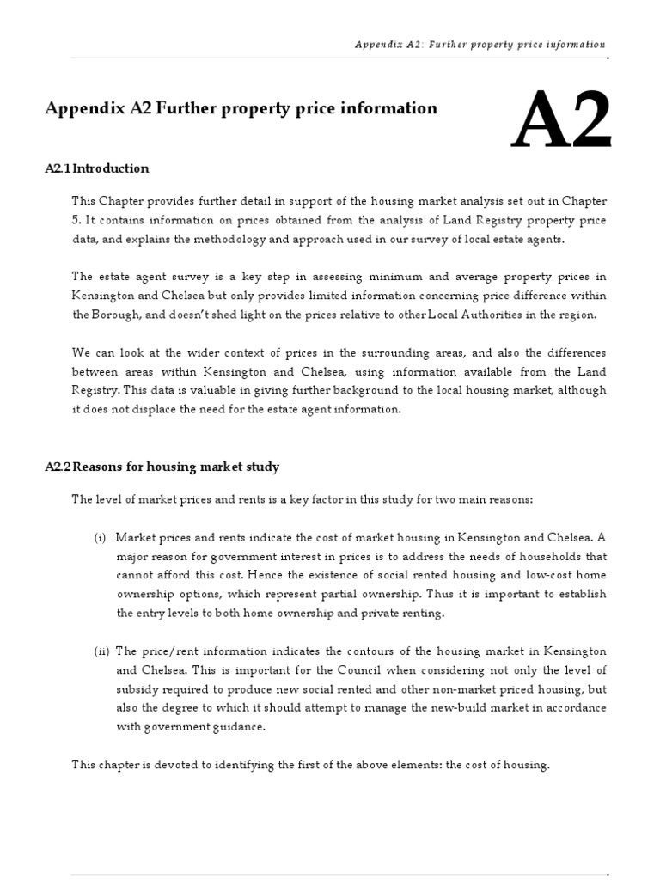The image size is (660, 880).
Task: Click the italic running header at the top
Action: pos(480,45)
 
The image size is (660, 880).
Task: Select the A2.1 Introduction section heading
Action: pos(96,168)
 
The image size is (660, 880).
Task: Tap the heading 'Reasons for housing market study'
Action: pos(162,467)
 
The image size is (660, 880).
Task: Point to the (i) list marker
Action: pos(101,537)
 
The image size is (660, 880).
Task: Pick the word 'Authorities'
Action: pos(492,314)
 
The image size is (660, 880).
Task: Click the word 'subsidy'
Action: pos(137,689)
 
